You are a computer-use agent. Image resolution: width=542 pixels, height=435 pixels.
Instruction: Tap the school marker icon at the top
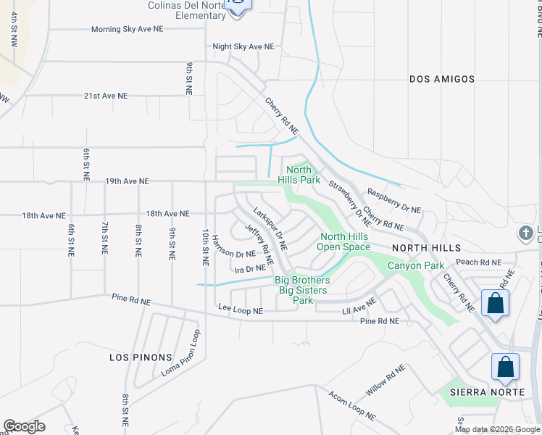click(x=237, y=4)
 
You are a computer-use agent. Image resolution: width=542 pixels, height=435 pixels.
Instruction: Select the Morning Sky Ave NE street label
click(x=128, y=30)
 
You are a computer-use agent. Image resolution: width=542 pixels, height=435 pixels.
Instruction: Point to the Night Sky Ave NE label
click(x=243, y=46)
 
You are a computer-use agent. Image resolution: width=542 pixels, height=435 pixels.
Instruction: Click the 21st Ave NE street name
click(x=105, y=96)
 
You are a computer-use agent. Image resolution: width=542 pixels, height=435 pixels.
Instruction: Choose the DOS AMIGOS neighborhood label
click(x=442, y=79)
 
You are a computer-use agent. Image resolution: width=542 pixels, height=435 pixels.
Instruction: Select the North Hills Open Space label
click(x=345, y=241)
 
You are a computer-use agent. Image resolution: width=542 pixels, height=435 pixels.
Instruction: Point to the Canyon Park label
click(x=415, y=266)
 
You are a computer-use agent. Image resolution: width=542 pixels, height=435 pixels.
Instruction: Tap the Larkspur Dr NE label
click(x=270, y=228)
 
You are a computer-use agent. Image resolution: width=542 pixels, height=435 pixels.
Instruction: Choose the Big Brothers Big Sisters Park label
click(x=303, y=290)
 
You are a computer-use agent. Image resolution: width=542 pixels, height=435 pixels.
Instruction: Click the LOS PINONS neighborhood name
click(x=141, y=357)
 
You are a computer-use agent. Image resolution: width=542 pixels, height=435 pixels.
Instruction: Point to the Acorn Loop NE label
click(x=352, y=406)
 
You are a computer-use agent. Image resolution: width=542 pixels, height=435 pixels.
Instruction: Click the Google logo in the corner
click(x=24, y=426)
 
